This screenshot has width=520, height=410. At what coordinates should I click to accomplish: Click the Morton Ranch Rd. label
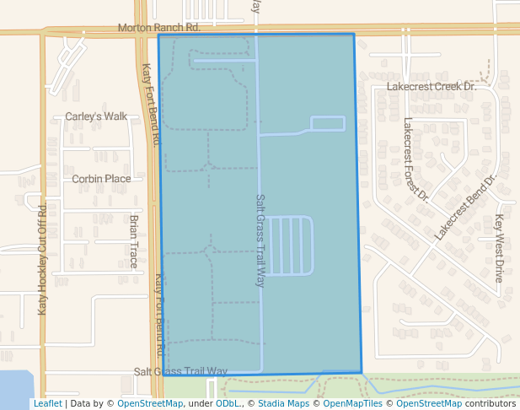158,28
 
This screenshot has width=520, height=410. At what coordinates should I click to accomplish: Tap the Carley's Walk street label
95,116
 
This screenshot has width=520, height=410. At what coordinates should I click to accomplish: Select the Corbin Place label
101,179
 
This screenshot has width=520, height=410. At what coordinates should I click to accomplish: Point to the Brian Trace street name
134,240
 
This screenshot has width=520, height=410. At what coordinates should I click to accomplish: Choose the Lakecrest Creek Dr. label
432,86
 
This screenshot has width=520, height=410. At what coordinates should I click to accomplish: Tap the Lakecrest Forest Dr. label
416,160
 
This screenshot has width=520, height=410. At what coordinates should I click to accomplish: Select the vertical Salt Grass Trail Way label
260,240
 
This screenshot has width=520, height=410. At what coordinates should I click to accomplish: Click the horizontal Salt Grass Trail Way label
181,371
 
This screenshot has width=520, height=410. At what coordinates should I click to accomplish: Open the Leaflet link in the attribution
47,403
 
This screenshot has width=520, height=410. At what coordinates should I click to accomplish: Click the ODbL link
228,403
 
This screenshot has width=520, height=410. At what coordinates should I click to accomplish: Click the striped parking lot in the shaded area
290,245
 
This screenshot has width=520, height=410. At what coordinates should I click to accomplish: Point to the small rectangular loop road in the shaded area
328,123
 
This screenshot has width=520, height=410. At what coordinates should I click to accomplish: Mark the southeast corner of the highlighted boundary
362,372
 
